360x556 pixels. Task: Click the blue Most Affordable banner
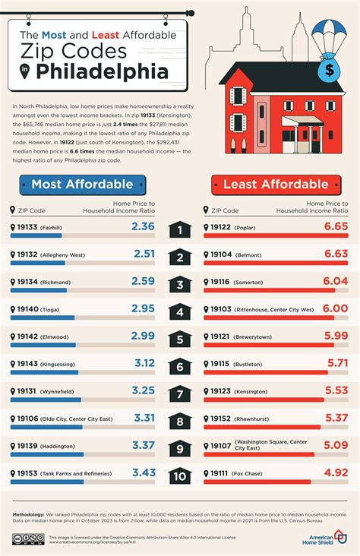(x=82, y=184)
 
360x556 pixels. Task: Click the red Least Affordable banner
(x=275, y=184)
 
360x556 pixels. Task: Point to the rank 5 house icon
(x=179, y=339)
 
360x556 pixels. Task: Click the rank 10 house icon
(x=179, y=477)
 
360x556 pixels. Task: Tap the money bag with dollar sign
(x=329, y=71)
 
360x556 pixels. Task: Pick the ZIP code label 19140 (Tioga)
(x=43, y=309)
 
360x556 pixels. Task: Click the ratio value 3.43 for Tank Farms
(x=143, y=473)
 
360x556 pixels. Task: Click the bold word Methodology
(x=33, y=515)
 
